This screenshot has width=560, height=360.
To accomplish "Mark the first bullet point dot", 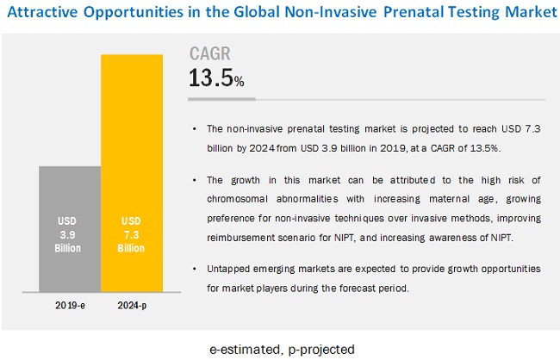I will click(x=197, y=129).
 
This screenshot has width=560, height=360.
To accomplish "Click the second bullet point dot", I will click(x=197, y=179).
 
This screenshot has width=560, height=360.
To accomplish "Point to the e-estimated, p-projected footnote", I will click(x=281, y=348).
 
